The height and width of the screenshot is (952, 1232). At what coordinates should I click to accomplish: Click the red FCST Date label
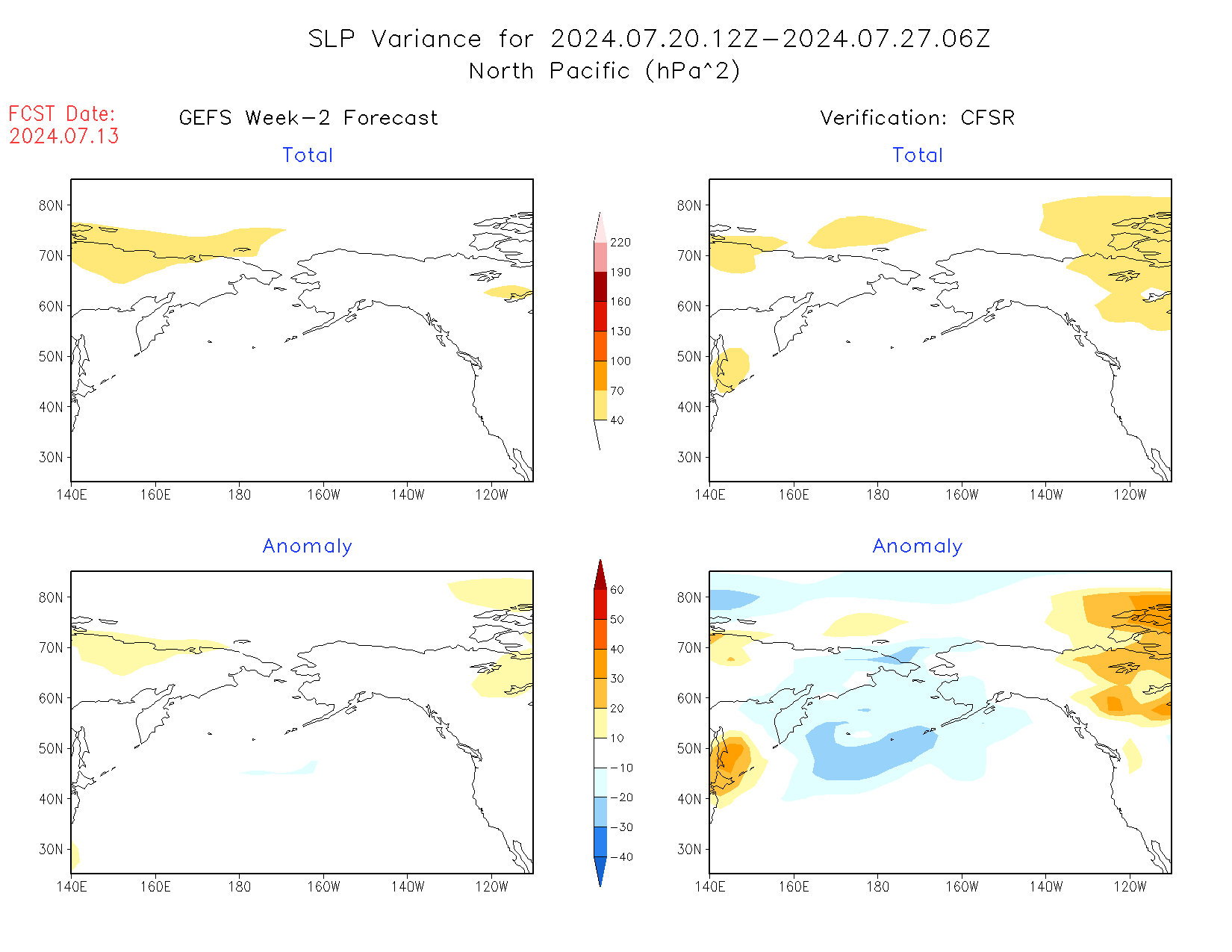click(x=62, y=114)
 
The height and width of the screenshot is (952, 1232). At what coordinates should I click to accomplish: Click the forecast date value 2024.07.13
click(x=64, y=137)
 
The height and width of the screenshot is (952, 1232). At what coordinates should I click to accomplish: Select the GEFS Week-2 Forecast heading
click(x=308, y=118)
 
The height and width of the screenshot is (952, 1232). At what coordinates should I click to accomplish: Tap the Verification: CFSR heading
click(x=918, y=118)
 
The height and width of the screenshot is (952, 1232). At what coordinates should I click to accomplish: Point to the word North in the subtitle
click(x=501, y=72)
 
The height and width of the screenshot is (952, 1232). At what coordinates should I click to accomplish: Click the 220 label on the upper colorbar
click(x=620, y=243)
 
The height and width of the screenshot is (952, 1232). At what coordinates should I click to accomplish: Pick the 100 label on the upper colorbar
click(x=620, y=361)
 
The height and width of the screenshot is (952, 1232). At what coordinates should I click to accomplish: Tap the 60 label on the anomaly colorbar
click(x=617, y=590)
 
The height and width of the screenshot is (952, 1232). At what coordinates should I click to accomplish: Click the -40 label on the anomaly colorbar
click(x=620, y=857)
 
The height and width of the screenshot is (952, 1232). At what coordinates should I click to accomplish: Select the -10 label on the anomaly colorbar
click(x=620, y=768)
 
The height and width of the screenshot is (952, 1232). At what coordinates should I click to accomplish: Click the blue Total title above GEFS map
click(x=308, y=155)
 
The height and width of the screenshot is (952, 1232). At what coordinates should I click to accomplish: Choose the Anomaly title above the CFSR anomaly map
click(x=918, y=547)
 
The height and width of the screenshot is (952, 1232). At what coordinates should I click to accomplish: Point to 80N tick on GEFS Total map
click(x=51, y=206)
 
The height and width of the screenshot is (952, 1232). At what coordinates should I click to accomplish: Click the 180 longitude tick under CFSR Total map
click(x=878, y=495)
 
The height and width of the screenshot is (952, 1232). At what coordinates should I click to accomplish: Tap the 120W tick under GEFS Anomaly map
click(x=491, y=887)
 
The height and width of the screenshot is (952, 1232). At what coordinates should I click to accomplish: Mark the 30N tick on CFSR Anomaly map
click(x=689, y=850)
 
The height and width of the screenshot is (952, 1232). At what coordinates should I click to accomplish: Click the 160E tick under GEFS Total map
click(x=155, y=495)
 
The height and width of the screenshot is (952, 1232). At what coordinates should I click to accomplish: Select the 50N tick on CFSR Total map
click(x=689, y=357)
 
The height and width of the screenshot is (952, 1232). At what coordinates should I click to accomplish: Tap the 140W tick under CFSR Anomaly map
click(x=1046, y=887)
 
